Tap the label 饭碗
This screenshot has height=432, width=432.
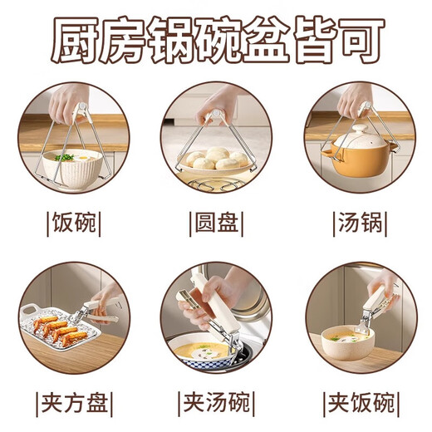[72, 223]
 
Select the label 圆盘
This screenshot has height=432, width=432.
[216, 223]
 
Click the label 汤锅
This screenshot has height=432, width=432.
[360, 223]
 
